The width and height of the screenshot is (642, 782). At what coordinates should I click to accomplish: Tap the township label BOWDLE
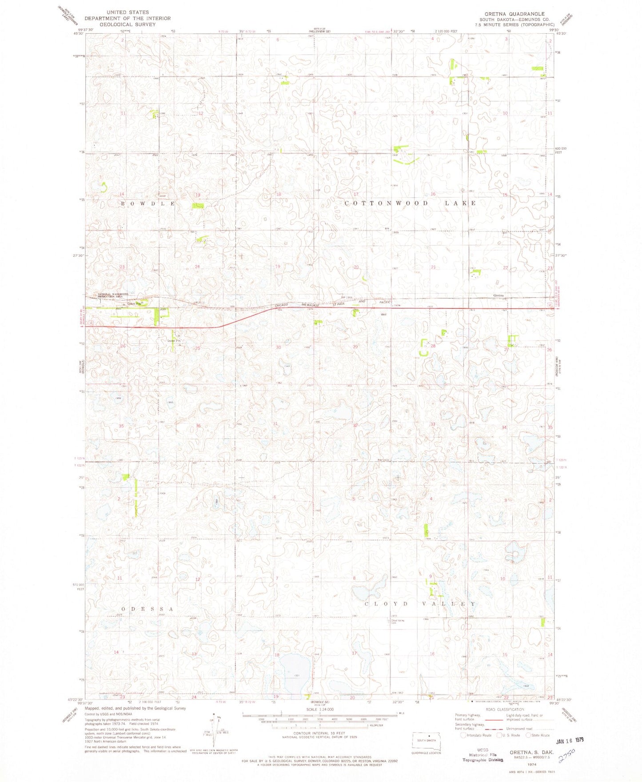[x=148, y=203]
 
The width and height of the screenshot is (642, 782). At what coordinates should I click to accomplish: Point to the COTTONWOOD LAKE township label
[x=411, y=203]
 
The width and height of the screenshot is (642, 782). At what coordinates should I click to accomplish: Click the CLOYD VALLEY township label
[x=420, y=604]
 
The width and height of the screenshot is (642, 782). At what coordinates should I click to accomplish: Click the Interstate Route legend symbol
[x=464, y=735]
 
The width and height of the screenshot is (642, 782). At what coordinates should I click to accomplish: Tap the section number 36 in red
[x=198, y=426]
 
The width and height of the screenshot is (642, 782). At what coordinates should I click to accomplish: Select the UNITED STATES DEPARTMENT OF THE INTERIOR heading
[x=128, y=18]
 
